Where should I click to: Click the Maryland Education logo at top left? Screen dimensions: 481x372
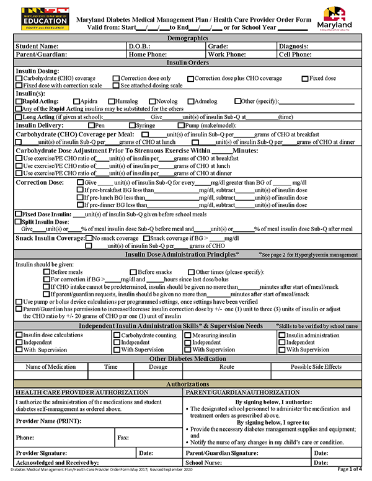pos(37,18)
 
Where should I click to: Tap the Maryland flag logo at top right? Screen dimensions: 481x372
pos(338,18)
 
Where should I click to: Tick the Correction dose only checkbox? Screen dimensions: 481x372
pos(116,79)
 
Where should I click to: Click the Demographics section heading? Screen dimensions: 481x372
pos(185,38)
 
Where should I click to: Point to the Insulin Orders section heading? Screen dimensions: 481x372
pos(185,63)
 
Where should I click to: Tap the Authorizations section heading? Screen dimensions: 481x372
pos(185,385)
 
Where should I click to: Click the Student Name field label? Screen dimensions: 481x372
pos(37,46)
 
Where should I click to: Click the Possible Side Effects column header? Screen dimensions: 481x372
pos(316,367)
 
